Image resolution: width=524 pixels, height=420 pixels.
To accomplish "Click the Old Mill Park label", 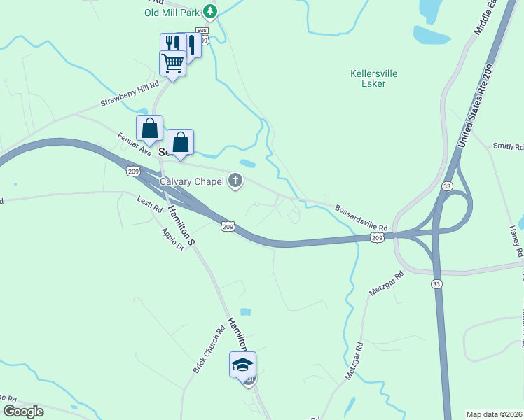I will coord(172,12).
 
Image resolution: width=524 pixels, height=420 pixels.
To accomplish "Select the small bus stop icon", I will coord(202,31).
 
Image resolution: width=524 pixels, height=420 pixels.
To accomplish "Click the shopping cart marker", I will coord(172,64).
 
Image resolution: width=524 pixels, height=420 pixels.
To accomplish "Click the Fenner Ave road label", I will coord(135,145).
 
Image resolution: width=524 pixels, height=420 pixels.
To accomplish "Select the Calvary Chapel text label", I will coord(191,182).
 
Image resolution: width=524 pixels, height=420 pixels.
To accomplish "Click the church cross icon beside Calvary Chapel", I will coord(235,182).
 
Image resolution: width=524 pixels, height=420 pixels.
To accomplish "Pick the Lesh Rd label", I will coord(150,205).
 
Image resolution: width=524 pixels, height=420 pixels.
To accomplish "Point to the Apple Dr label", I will coord(172,239).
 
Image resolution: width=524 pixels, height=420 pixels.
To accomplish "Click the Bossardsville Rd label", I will coord(361,218).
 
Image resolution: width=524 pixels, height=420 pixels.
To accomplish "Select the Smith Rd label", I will coord(508,146).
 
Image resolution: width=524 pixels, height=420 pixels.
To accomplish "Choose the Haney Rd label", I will coord(516,240).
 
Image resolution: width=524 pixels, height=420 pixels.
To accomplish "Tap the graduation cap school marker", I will coord(242,364).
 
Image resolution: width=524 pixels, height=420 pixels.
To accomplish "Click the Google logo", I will coord(23,412).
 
